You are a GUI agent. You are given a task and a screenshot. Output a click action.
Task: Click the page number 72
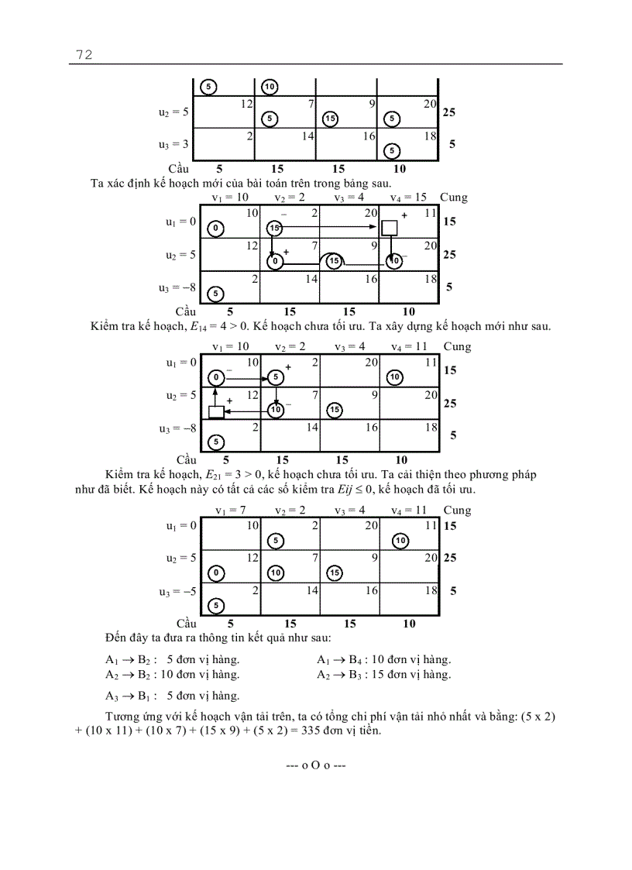coord(84,54)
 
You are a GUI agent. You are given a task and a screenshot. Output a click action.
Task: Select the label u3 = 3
coord(173,145)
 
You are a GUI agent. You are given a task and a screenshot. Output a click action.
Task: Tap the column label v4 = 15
coord(408,198)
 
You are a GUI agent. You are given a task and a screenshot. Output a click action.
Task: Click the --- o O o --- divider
coord(315,765)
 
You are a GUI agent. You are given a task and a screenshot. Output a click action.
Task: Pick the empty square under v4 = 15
coord(390,227)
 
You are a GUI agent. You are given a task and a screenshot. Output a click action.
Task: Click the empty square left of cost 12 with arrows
coord(216,411)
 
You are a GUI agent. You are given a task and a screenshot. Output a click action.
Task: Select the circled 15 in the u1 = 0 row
coord(274,228)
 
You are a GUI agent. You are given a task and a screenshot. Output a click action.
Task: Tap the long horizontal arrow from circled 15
coord(329,227)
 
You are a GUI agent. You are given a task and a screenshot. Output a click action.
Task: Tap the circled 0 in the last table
coord(216,573)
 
